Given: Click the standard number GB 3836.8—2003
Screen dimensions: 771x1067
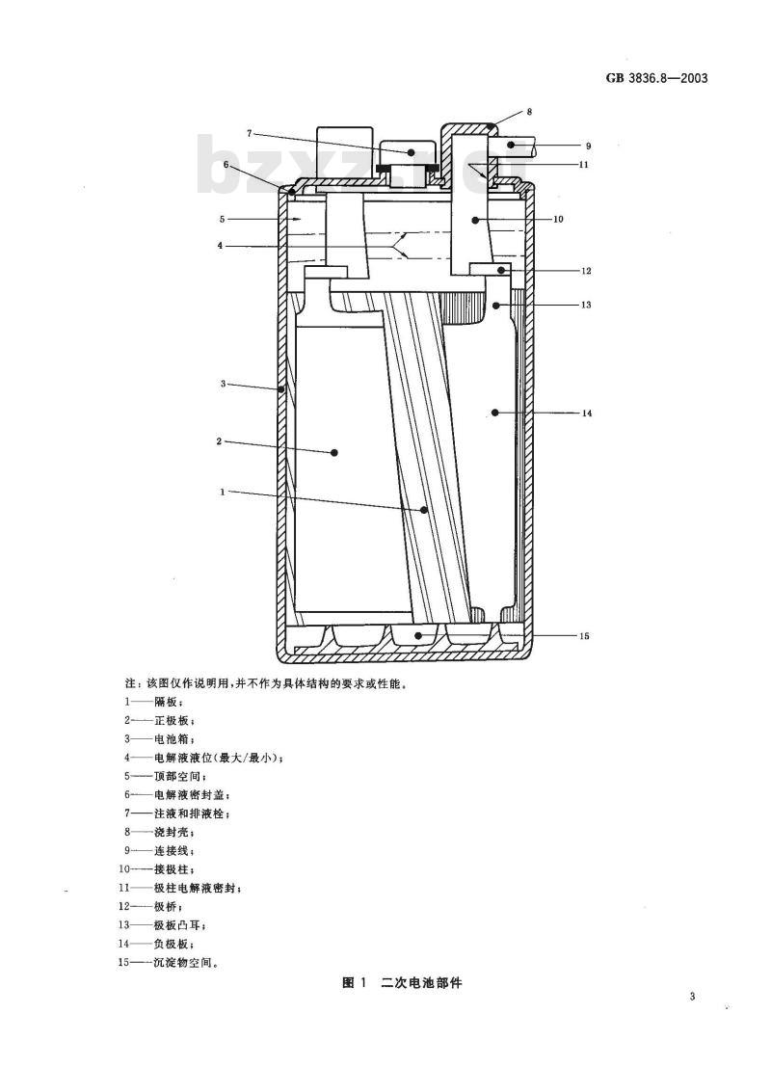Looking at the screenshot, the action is pos(656,78).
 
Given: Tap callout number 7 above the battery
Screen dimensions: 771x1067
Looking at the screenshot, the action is pos(249,133).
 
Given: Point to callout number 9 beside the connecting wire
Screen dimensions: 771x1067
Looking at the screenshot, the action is pos(588,146).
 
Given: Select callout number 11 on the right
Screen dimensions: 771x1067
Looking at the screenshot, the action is pos(583,165).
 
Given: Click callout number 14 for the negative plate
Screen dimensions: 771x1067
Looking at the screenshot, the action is pos(587,413).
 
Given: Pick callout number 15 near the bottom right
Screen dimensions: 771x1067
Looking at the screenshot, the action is pos(584,636).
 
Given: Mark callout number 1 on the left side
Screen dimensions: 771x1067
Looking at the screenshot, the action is pos(223,492).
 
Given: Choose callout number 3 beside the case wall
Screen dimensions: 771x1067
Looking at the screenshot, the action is pos(223,384).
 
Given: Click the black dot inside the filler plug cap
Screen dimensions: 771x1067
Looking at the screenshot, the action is pos(412,153).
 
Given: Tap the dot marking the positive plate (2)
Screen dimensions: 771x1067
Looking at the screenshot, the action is pos(334,451).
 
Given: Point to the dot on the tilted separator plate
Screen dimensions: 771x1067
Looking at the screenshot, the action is pos(425,510).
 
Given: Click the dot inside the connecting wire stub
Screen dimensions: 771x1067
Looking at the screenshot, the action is pos(511,146).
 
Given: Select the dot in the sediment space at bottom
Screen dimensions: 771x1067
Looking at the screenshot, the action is pos(419,636).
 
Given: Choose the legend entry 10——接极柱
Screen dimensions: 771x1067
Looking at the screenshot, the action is pos(157,869).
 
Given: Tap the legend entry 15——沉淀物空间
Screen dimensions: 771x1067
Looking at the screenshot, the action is pos(169,963).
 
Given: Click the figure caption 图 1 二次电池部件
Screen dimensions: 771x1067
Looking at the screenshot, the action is pos(402,982).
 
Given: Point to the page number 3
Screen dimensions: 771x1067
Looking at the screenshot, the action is pos(692,997).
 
